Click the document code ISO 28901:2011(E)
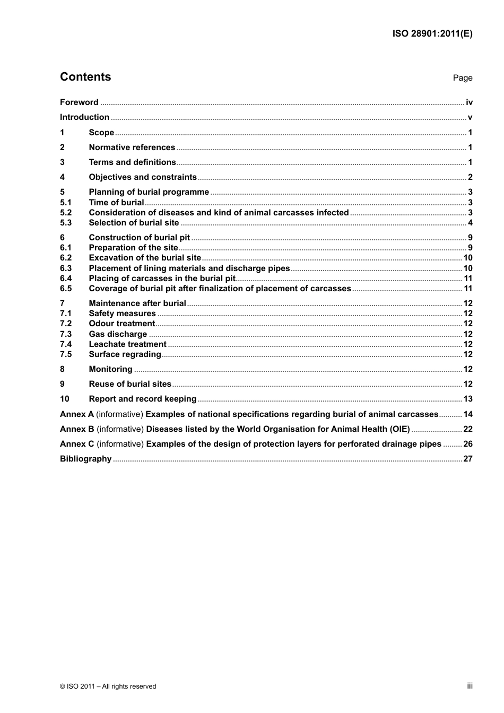click(432, 33)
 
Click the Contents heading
click(85, 77)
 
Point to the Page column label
click(462, 78)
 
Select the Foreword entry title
click(79, 102)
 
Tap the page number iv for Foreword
click(469, 102)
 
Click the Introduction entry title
click(84, 117)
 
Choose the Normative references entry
click(132, 147)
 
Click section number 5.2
click(66, 213)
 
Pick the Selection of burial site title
click(134, 223)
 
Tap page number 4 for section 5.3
click(470, 223)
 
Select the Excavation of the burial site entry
click(145, 258)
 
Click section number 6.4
click(66, 279)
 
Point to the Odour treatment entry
click(121, 324)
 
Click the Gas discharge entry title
click(118, 334)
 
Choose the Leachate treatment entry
click(127, 344)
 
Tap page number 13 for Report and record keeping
click(468, 399)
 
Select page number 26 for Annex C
click(468, 444)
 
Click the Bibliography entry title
click(85, 459)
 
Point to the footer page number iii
click(470, 686)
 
